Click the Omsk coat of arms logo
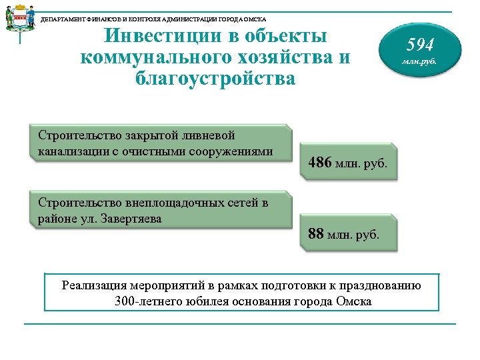pos(21,20)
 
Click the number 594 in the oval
pos(420,45)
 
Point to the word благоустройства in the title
pos(215,78)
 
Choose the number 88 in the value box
pos(316,234)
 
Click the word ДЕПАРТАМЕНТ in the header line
pos(62,19)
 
